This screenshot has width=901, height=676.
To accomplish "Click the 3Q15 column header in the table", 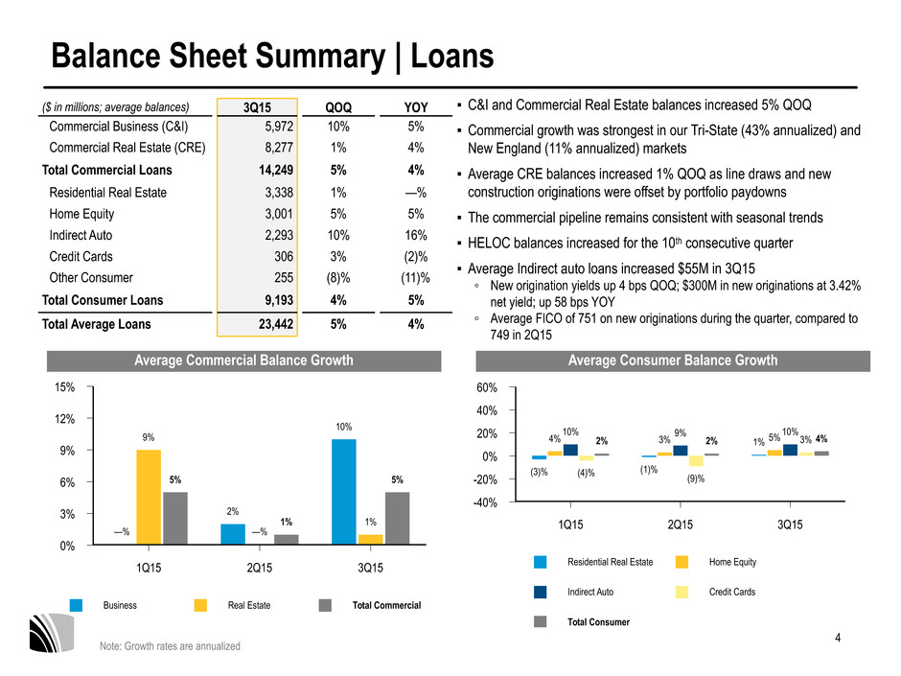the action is pos(257,107).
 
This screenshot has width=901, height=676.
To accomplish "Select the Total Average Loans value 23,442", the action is pos(276,324).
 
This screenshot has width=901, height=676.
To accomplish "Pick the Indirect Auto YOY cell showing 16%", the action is pos(415,235).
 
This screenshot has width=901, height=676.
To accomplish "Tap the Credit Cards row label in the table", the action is pos(81,256).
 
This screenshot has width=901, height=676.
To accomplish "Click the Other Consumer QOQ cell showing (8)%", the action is pos(337,278).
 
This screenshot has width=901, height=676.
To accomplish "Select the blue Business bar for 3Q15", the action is pos(343,492).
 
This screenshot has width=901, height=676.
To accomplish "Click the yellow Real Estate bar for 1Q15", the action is pos(149,498).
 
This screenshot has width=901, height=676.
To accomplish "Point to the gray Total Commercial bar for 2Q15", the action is pos(287,539).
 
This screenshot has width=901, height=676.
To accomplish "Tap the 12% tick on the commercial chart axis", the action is pos(65,419).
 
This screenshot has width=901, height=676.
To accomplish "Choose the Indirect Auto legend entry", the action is pos(573,592).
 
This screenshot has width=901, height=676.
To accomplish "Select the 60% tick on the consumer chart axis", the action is pos(487,388).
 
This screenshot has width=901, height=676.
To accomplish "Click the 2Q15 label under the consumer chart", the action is pos(681,524).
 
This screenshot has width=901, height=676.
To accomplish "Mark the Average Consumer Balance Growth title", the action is pos(673,361).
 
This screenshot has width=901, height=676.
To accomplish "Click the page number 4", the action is pos(838,638).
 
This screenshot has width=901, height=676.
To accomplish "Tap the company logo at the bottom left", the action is pos(53,633).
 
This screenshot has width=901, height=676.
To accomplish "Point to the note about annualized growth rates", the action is pos(170,646).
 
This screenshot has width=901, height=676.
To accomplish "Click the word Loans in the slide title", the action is pos(452,57).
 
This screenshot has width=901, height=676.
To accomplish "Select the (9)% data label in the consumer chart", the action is pos(696,478).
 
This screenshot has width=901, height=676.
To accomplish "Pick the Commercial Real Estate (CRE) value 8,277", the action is pos(279,148).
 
